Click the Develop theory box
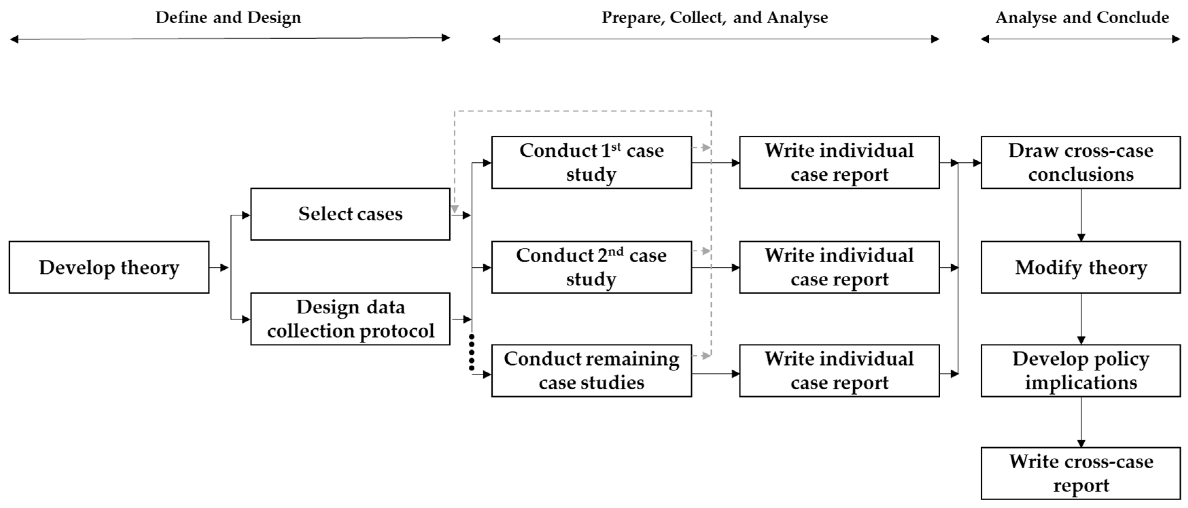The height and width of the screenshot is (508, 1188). [109, 267]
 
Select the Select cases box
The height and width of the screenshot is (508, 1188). [350, 214]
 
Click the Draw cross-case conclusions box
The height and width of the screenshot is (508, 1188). [1081, 162]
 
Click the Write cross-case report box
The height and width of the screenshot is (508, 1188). [1081, 473]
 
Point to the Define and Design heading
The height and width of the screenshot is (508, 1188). [228, 18]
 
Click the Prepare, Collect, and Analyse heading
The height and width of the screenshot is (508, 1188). [715, 18]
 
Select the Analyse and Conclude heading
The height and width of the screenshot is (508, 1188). [1082, 18]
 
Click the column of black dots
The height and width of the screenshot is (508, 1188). [471, 353]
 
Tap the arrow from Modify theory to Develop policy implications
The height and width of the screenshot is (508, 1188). [1081, 319]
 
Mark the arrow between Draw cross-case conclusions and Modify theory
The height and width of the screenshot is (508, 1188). [1081, 215]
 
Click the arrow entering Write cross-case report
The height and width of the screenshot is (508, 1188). [1081, 422]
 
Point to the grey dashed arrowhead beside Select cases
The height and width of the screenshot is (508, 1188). [455, 209]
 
